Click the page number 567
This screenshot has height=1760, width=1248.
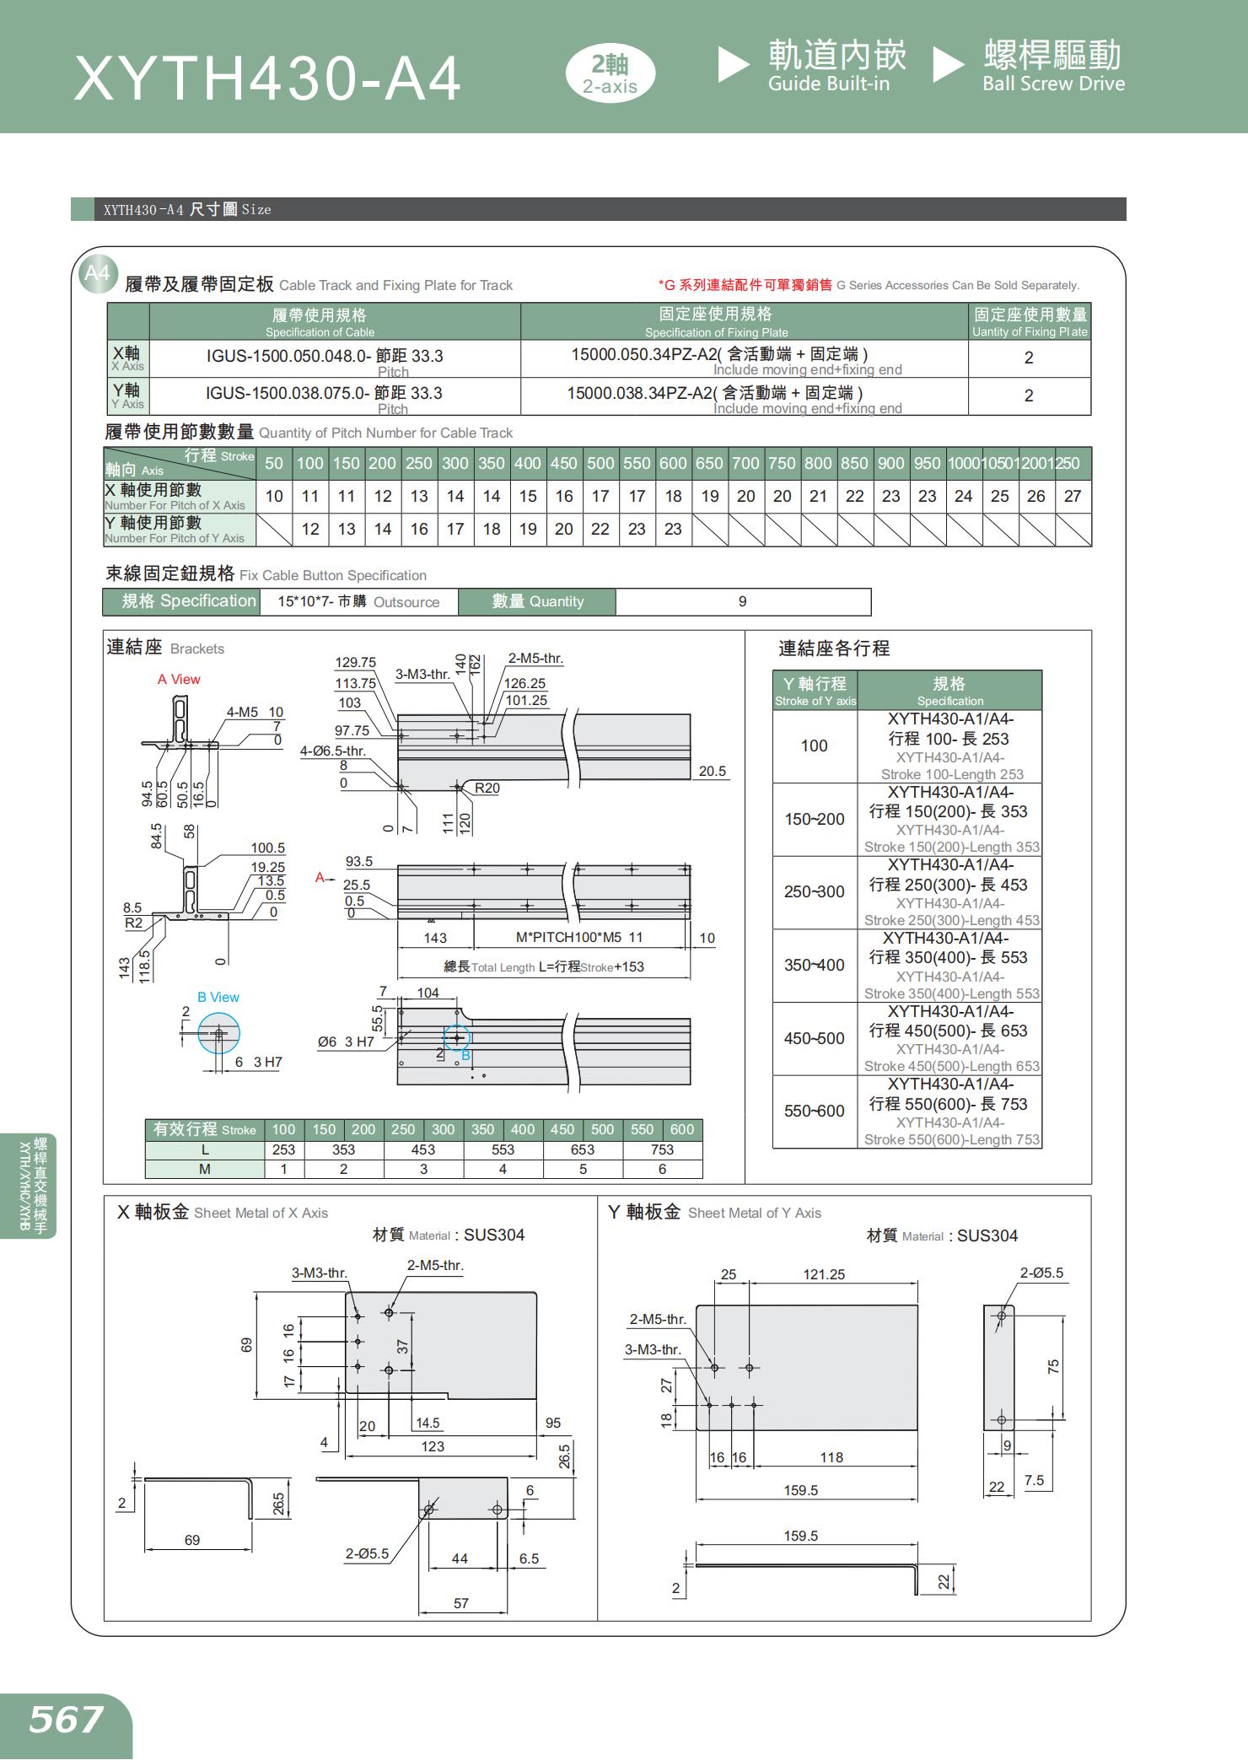(66, 1720)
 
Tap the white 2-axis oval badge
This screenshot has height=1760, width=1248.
(610, 74)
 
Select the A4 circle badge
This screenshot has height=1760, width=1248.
(98, 273)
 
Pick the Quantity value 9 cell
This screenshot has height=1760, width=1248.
(742, 601)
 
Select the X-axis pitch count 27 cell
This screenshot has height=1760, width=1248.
(1073, 496)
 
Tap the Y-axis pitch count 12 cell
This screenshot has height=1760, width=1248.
(310, 529)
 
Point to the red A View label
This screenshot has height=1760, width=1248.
(179, 679)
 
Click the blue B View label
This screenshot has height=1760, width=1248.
(218, 997)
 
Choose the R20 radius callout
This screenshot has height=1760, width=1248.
(487, 788)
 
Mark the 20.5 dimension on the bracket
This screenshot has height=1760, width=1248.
(713, 771)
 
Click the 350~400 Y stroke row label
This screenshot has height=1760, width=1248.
(814, 965)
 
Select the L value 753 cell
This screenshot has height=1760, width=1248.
(662, 1149)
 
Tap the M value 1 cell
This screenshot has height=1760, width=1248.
(284, 1169)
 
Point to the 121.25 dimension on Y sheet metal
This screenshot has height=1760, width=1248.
(824, 1274)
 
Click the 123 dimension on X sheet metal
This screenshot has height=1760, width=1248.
(433, 1446)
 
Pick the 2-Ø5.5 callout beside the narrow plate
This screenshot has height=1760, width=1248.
(1041, 1273)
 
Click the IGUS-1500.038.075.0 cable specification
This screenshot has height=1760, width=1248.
(324, 393)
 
